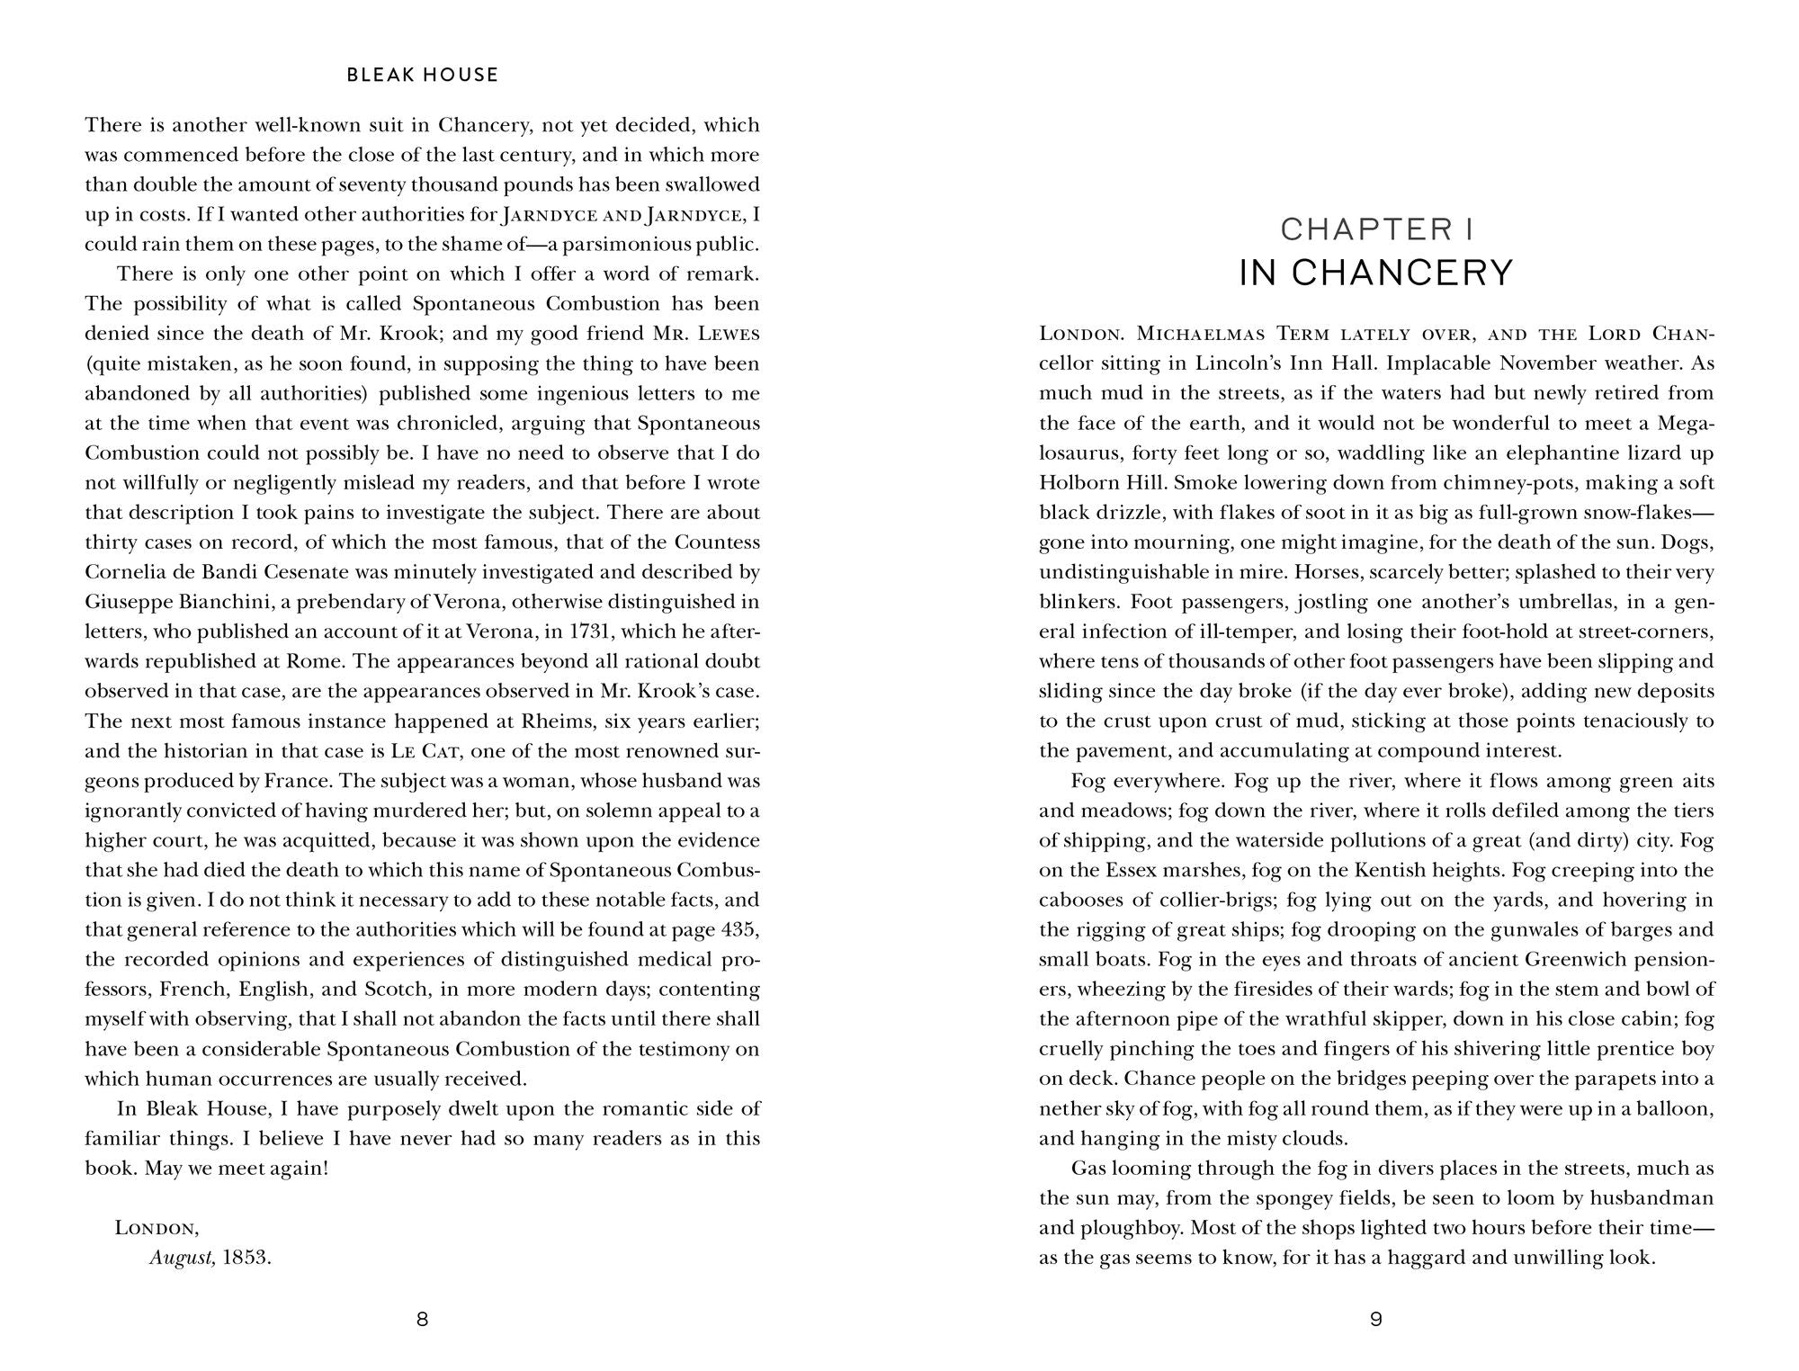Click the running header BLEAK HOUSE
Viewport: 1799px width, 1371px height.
pyautogui.click(x=422, y=76)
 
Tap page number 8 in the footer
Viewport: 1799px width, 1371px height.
pyautogui.click(x=423, y=1320)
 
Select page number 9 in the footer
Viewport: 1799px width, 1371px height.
pyautogui.click(x=1375, y=1320)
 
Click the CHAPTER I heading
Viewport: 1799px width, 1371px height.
pyautogui.click(x=1376, y=230)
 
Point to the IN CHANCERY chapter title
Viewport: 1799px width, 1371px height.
pyautogui.click(x=1376, y=273)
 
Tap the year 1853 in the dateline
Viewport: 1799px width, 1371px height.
pyautogui.click(x=246, y=1258)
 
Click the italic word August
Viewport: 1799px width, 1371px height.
pyautogui.click(x=182, y=1258)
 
